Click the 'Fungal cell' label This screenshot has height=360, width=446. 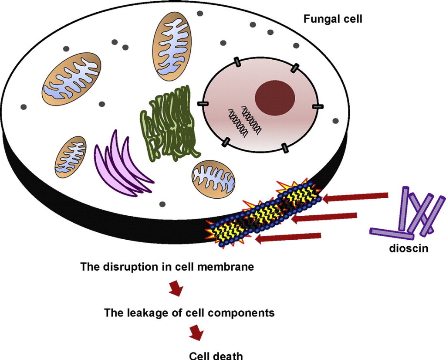tap(333, 19)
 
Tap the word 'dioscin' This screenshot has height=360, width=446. tap(409, 248)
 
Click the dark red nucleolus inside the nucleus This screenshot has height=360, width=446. tap(275, 98)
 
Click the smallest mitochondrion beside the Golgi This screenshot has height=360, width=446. tap(71, 157)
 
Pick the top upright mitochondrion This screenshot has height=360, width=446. tap(172, 46)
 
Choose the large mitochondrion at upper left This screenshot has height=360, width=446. tap(71, 79)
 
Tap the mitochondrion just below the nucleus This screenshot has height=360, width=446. tap(213, 178)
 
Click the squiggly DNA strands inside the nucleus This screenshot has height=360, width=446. tap(243, 120)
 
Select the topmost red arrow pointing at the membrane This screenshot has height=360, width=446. tap(355, 197)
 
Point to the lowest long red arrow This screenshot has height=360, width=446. tap(288, 238)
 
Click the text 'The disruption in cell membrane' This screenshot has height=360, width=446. tap(167, 267)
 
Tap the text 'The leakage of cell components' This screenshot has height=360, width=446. tap(189, 313)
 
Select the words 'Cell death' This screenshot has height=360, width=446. tap(216, 356)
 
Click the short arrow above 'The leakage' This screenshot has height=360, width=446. tap(176, 289)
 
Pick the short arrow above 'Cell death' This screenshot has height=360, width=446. tap(196, 333)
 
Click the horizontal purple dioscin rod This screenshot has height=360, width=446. tap(392, 234)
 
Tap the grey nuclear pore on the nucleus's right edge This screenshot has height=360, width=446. tap(318, 107)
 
